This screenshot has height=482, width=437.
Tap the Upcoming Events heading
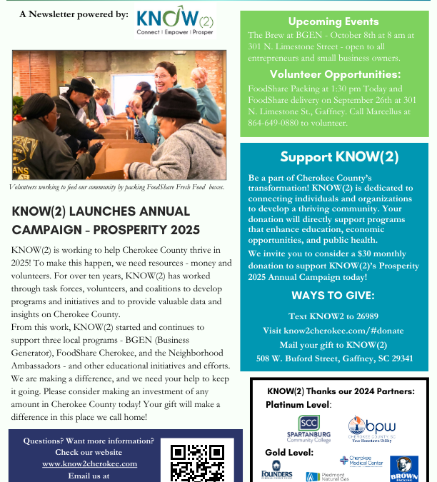tap(333, 21)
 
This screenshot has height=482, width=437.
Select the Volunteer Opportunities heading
tap(333, 74)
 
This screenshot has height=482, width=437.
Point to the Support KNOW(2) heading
tap(339, 157)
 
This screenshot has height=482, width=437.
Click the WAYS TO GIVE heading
tap(334, 295)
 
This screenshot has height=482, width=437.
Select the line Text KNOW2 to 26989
tap(333, 316)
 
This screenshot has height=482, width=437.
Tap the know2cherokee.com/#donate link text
tap(333, 330)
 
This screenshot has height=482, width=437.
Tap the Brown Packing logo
tap(404, 468)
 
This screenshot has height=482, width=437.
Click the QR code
tap(197, 463)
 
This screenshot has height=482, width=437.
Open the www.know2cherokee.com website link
tap(89, 463)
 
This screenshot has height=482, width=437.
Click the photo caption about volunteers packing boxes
tap(117, 187)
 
